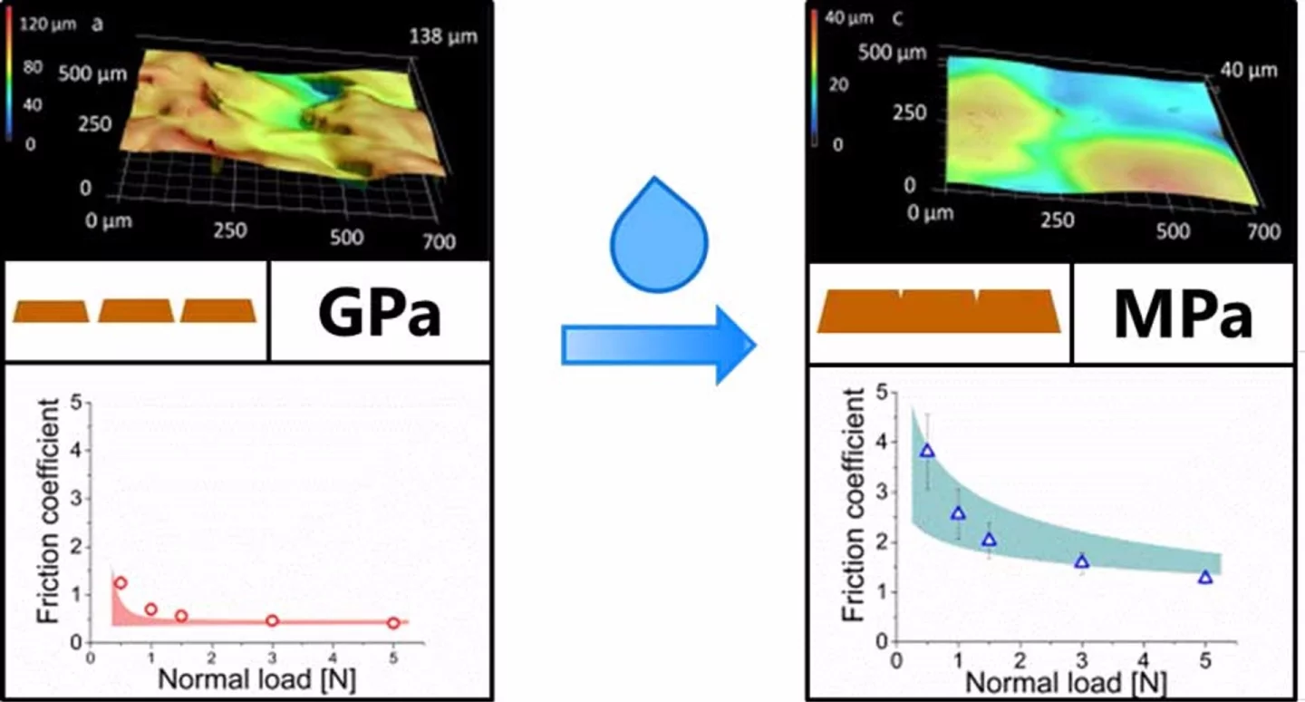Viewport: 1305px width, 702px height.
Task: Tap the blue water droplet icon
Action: tap(647, 238)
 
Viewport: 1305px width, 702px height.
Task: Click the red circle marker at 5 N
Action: tap(392, 623)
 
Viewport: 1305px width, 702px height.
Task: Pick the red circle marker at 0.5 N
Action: tap(121, 583)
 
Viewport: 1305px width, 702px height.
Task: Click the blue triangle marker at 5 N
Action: tap(1205, 577)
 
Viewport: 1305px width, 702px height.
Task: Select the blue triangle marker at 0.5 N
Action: tap(926, 451)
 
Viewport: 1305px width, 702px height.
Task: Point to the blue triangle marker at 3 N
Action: tap(1081, 561)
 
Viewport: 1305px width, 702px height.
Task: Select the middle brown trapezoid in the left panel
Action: tap(136, 311)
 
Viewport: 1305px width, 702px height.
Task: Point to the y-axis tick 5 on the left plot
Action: tap(76, 402)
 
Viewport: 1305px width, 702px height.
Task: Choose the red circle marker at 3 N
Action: tap(272, 621)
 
